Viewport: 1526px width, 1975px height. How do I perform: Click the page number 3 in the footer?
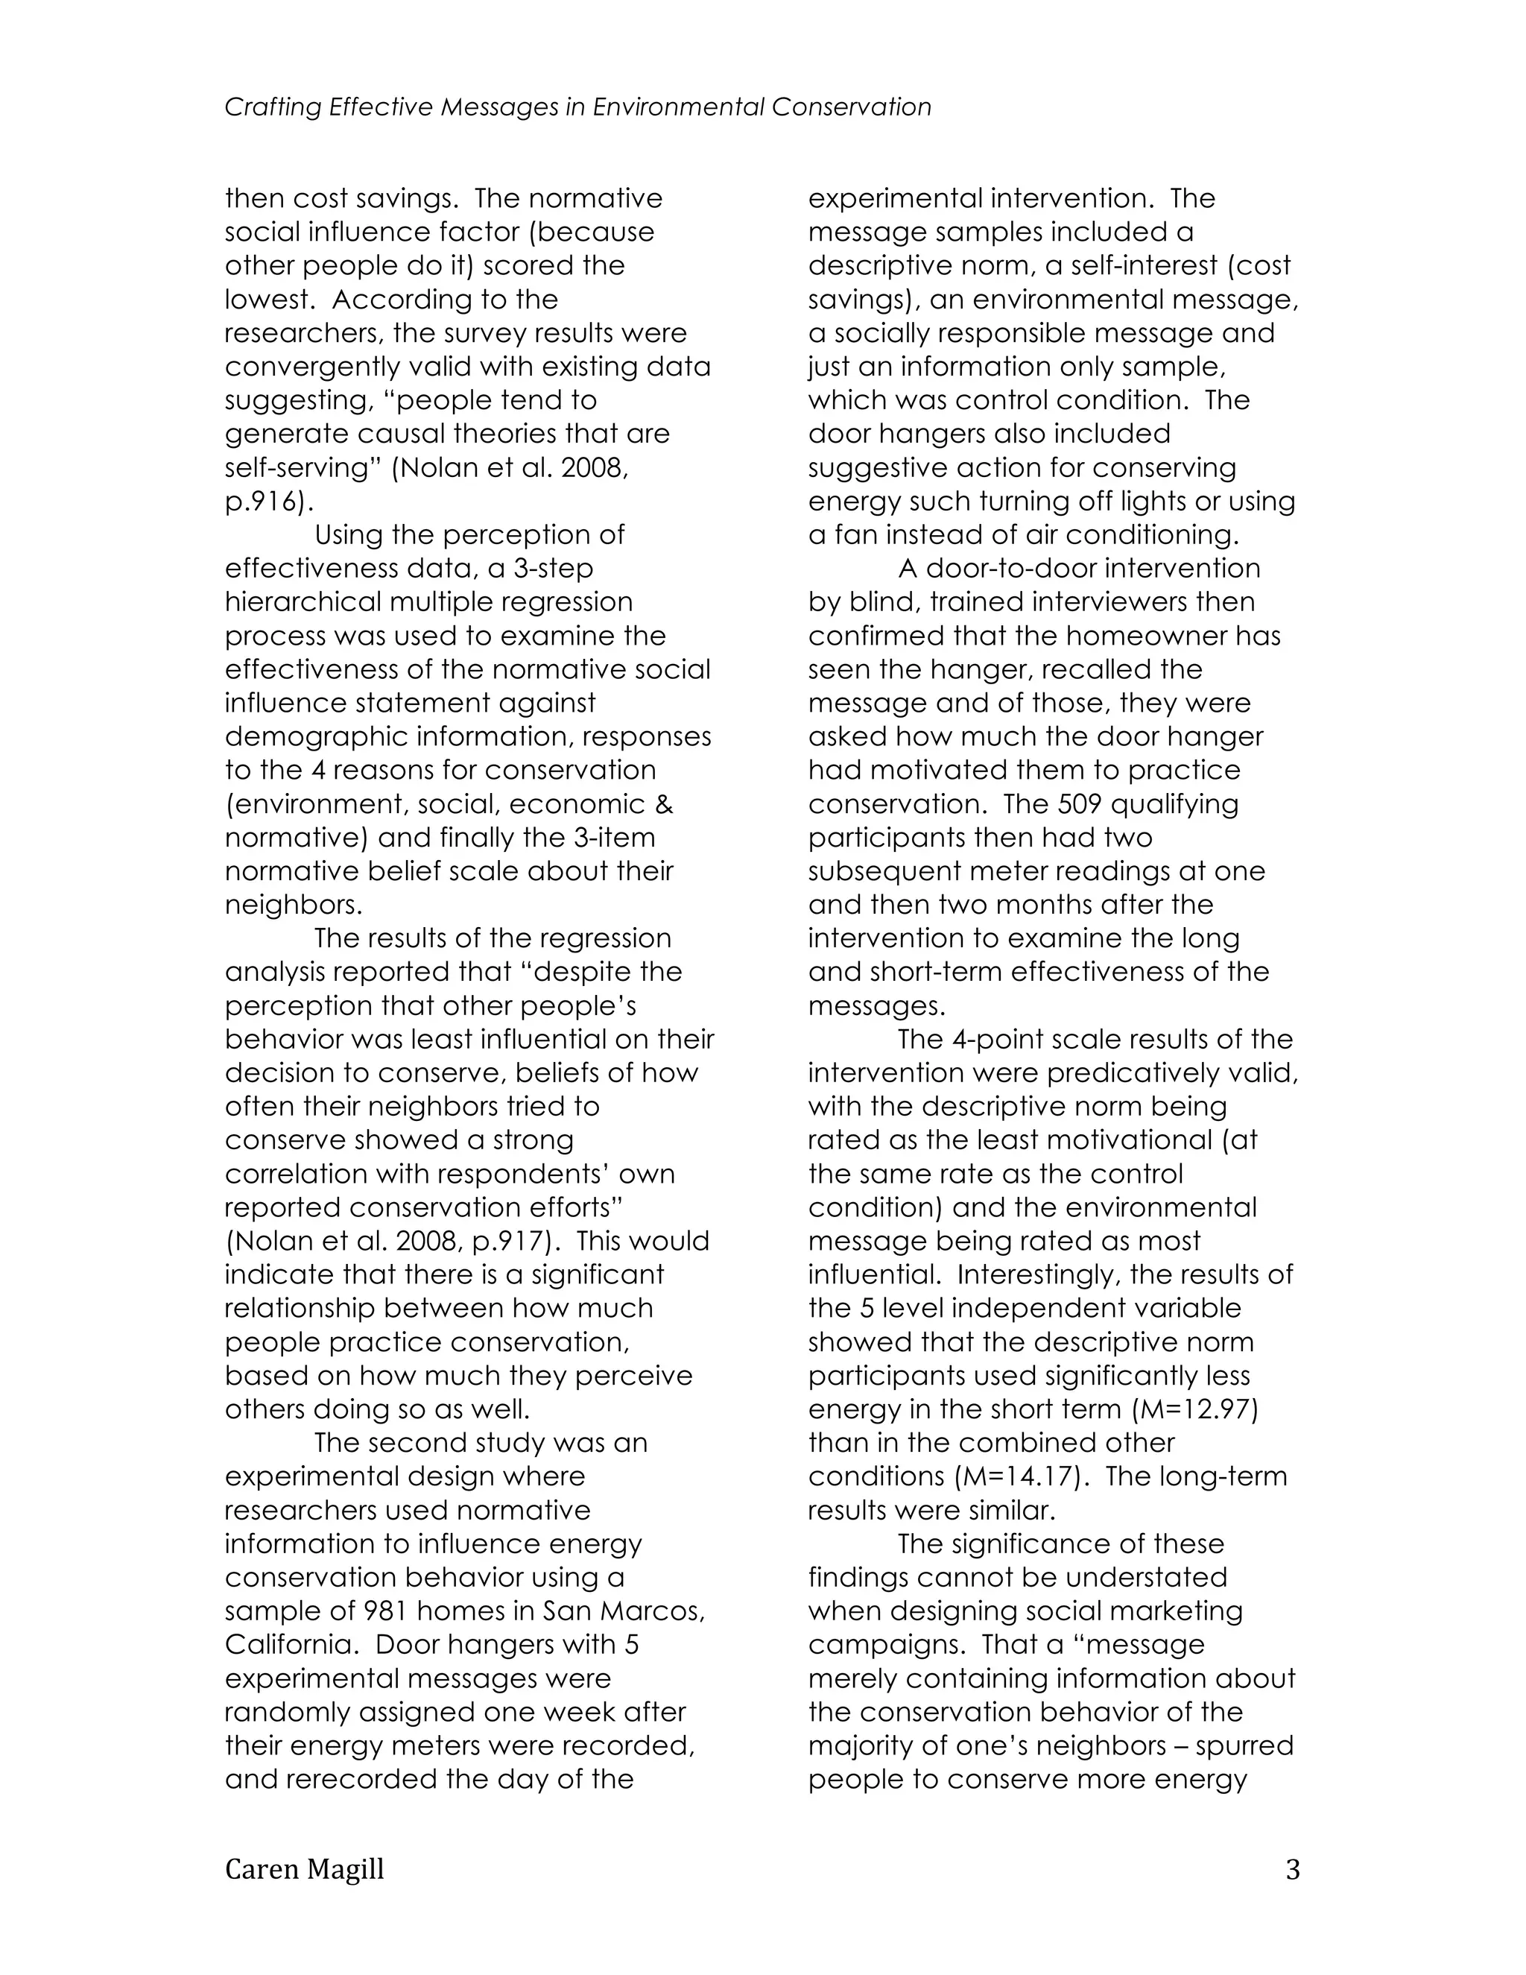[1292, 1869]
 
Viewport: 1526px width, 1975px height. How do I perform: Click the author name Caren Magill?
[305, 1869]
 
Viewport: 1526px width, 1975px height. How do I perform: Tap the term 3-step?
[550, 568]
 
